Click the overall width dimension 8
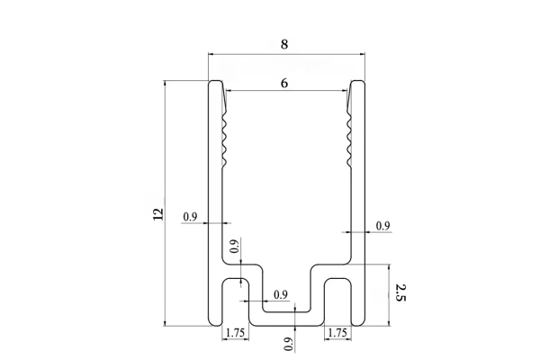285,42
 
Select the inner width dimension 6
285,83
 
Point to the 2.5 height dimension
400,292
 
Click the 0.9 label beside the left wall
190,217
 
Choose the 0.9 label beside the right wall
382,226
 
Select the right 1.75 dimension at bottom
338,333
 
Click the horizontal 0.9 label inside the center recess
280,294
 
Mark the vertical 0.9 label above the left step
234,247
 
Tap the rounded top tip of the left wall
216,85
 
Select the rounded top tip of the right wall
356,85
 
